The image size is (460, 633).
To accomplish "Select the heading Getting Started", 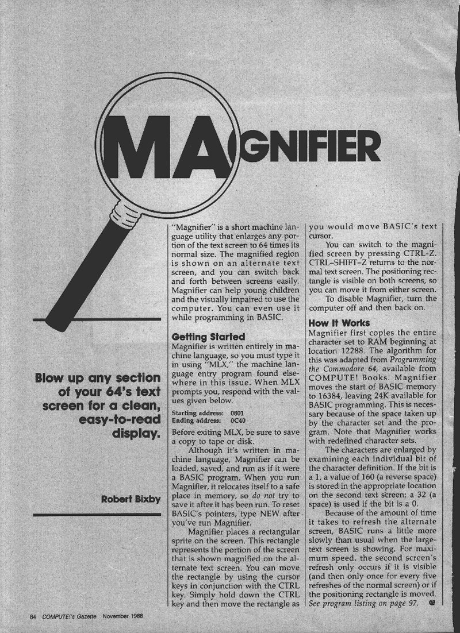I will tap(208, 337).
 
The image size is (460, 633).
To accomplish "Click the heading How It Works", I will tap(339, 323).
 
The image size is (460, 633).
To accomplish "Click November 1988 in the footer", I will tap(123, 617).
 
